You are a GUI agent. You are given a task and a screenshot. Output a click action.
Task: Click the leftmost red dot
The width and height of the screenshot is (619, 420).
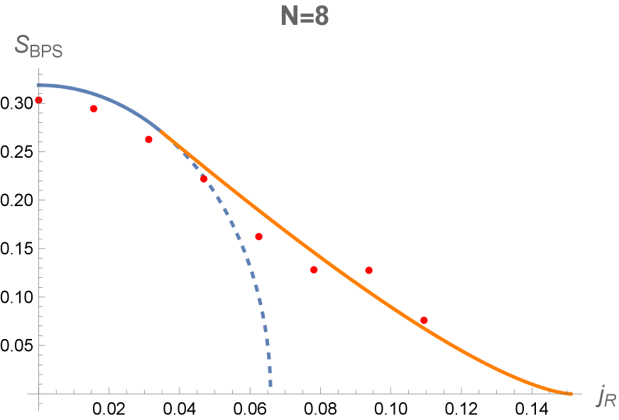pos(39,100)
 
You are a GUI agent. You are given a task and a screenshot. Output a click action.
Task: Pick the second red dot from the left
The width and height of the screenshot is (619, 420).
pos(93,109)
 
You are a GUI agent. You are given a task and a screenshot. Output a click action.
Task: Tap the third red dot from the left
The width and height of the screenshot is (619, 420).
pos(148,139)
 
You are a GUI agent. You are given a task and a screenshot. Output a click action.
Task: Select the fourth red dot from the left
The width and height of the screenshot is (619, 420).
pos(204,179)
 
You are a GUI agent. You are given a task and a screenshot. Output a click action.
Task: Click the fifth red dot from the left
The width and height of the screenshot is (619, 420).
pos(258,236)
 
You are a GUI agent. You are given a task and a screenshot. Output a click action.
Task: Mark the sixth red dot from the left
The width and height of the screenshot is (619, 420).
pos(314,269)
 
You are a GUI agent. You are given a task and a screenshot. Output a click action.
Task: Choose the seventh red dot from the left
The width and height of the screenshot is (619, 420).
pos(368,270)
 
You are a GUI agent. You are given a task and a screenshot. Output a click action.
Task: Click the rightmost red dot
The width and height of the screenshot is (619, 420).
pos(424,320)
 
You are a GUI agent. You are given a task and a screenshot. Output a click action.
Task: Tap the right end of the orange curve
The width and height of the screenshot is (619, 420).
pos(571,393)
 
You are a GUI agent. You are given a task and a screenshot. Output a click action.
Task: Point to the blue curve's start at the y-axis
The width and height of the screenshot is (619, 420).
pos(39,85)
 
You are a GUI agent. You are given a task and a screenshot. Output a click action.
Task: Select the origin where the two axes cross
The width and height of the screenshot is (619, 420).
pos(39,393)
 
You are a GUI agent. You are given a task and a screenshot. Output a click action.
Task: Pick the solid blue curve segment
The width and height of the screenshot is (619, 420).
pos(106,97)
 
